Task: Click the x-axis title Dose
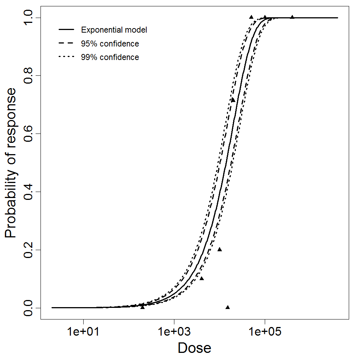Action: pyautogui.click(x=195, y=348)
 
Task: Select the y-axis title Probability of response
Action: pyautogui.click(x=11, y=163)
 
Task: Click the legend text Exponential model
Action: pyautogui.click(x=114, y=30)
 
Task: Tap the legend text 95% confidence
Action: pyautogui.click(x=110, y=44)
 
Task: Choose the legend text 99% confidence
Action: pyautogui.click(x=110, y=57)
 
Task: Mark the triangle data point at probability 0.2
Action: pyautogui.click(x=220, y=249)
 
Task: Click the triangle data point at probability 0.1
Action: pyautogui.click(x=202, y=278)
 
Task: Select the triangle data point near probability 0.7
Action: pyautogui.click(x=233, y=100)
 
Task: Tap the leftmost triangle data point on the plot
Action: pyautogui.click(x=142, y=307)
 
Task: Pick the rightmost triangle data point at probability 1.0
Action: pyautogui.click(x=292, y=17)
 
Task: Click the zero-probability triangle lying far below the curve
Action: pyautogui.click(x=228, y=307)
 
